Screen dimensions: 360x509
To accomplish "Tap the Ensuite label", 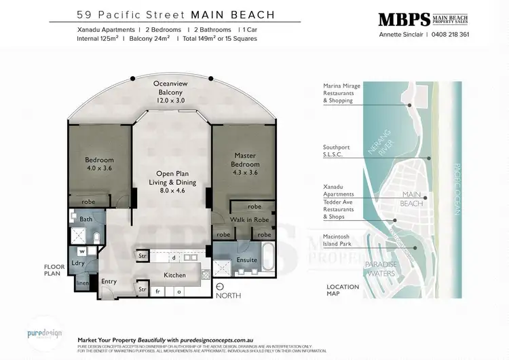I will coord(247,259).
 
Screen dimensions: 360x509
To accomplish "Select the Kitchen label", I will coord(175,274).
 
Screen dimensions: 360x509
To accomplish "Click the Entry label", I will coord(109,281).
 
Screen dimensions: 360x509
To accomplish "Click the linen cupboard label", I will coord(81,283).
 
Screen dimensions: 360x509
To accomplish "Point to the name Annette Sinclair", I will coord(400,35).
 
